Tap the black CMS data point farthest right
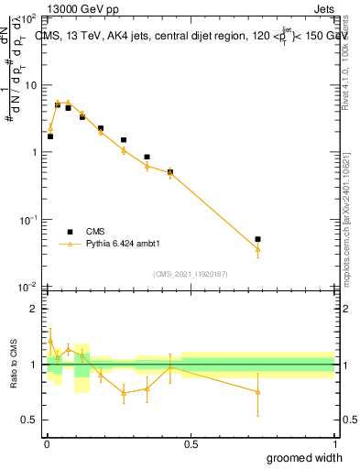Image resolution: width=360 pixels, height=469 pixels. tap(257, 239)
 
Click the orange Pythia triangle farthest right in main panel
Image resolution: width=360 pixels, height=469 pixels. tap(257, 249)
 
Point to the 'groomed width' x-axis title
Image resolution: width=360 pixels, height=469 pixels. tap(304, 457)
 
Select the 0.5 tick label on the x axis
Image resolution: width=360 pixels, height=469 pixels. tap(191, 443)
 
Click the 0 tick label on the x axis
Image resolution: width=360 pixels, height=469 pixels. tap(47, 443)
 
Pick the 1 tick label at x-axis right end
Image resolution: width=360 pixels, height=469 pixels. tap(334, 443)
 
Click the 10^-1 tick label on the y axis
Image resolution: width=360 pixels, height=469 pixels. tap(27, 220)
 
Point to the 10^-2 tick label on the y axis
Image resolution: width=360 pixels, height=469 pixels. tap(27, 287)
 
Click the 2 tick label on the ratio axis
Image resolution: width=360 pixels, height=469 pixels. tap(33, 309)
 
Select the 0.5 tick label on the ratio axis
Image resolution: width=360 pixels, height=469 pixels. tap(29, 420)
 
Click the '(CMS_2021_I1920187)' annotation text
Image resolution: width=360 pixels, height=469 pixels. tap(191, 274)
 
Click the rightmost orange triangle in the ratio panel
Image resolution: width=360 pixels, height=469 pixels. tap(257, 392)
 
